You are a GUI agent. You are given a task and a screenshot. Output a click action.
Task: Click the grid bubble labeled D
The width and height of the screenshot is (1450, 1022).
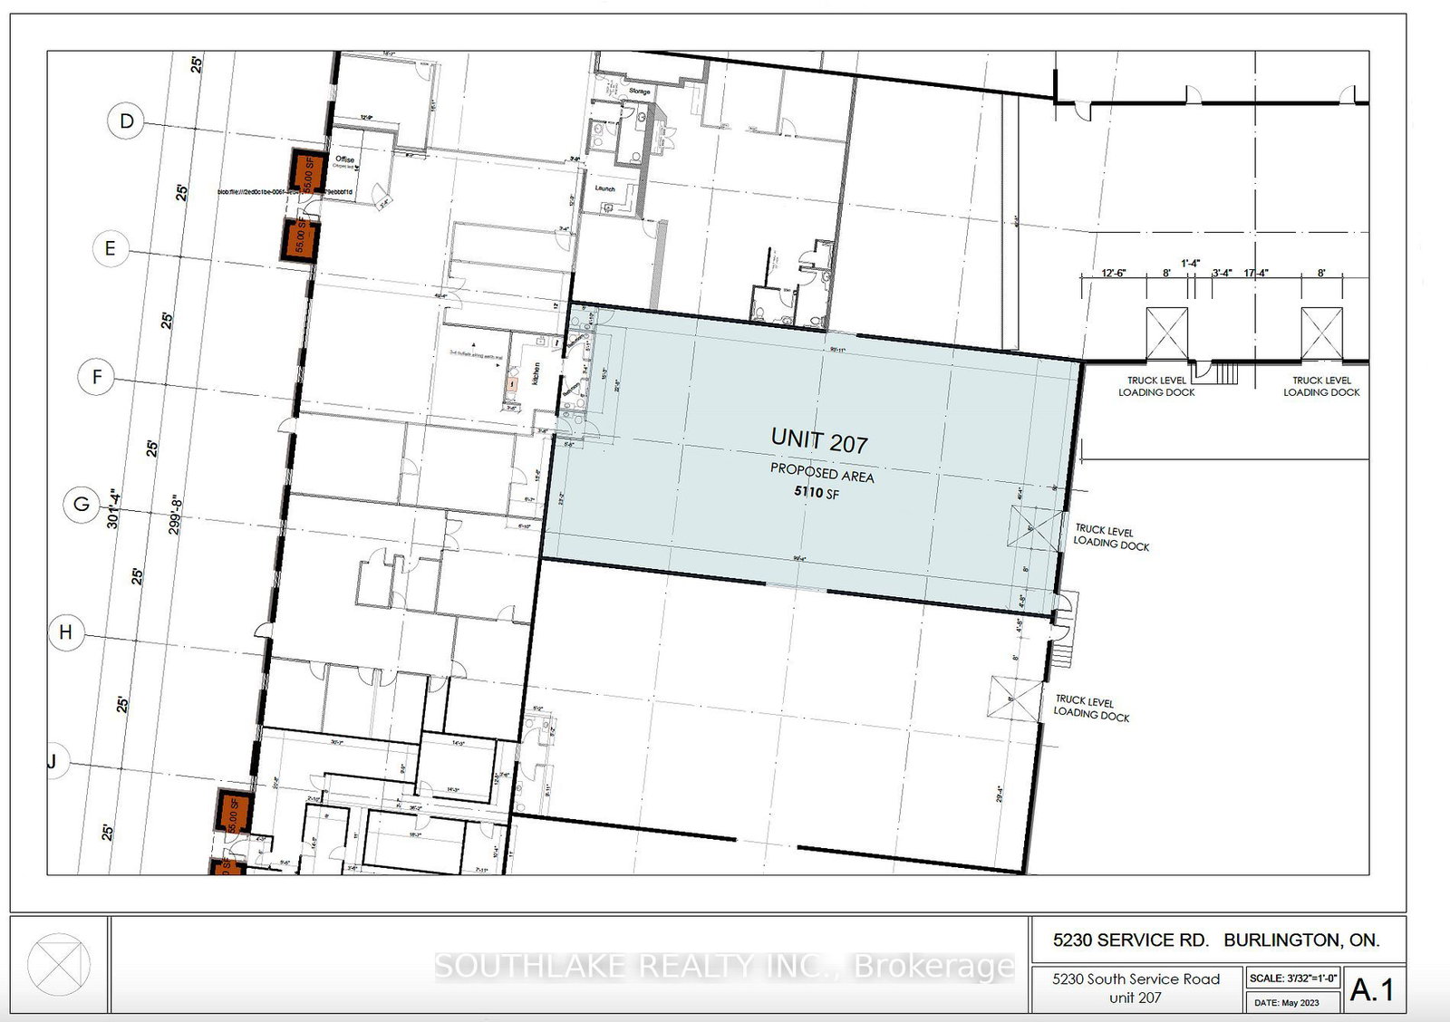click(x=127, y=121)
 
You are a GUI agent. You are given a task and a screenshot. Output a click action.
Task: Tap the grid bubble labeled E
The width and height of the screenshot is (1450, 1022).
click(x=111, y=248)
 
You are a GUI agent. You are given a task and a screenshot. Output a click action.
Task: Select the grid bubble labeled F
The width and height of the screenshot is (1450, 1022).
click(x=97, y=376)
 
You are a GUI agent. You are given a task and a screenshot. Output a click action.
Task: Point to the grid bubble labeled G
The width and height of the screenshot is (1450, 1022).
click(x=82, y=504)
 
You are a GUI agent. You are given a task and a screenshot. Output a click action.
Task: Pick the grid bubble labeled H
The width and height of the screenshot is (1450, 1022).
click(x=65, y=632)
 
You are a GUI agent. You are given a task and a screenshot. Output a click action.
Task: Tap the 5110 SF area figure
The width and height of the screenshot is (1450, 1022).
click(x=817, y=492)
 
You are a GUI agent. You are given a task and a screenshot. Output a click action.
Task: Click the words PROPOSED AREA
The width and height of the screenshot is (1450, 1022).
click(x=822, y=473)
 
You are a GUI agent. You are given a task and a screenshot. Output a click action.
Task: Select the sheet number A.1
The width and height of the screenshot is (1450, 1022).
click(x=1372, y=989)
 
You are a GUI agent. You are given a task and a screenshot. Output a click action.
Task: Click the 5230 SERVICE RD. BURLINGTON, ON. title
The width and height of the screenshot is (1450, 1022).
click(x=1216, y=940)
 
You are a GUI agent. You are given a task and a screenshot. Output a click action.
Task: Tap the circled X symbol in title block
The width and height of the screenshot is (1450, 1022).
click(x=58, y=965)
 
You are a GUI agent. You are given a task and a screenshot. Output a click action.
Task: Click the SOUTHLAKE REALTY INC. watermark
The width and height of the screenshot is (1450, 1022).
click(x=724, y=967)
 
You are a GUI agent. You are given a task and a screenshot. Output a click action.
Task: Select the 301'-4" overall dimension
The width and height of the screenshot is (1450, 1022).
click(x=113, y=508)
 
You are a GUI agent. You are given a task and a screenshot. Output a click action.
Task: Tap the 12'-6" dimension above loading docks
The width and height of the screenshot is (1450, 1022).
click(x=1113, y=273)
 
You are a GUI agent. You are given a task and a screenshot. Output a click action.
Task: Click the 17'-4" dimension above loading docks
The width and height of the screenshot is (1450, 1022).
click(x=1256, y=273)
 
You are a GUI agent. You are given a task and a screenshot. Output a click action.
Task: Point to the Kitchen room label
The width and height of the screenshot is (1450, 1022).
click(x=536, y=372)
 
